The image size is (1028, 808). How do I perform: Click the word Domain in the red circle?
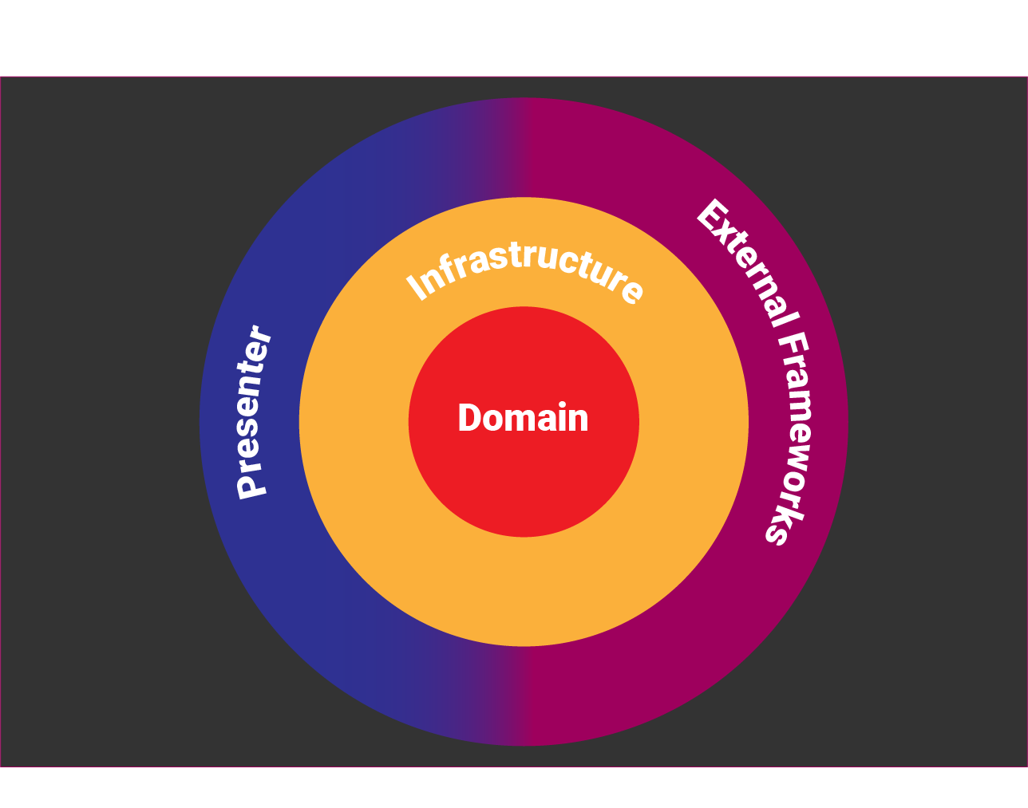coord(523,419)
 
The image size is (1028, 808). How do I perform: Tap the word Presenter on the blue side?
coord(254,412)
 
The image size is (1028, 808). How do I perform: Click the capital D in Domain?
coord(469,419)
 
